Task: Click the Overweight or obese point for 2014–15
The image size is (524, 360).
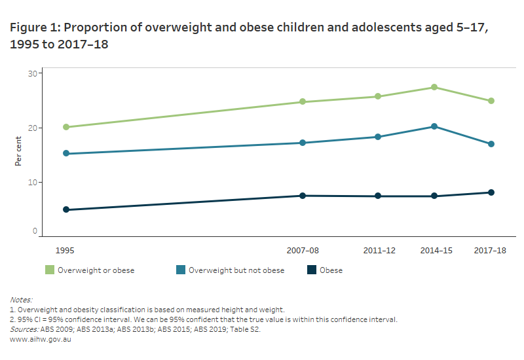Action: click(434, 88)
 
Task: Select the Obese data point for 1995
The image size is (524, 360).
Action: click(66, 210)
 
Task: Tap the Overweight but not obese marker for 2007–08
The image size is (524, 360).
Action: click(303, 143)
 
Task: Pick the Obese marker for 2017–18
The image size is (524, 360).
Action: click(491, 192)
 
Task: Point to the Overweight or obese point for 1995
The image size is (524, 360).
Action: click(66, 127)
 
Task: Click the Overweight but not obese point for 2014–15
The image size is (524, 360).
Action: click(434, 126)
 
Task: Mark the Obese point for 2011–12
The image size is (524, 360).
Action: click(378, 196)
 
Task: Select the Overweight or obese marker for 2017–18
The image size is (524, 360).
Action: click(491, 101)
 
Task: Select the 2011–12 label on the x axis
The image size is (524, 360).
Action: click(378, 251)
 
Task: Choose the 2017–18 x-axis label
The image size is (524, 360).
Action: click(491, 251)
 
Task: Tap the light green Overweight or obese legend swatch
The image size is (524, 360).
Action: click(49, 270)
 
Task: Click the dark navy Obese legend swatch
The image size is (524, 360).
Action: click(311, 270)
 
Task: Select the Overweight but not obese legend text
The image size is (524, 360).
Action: click(236, 270)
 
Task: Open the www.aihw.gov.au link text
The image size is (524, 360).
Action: click(41, 340)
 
